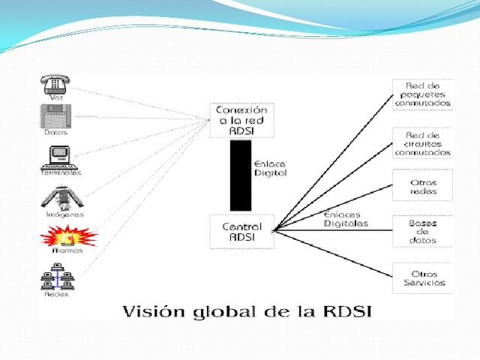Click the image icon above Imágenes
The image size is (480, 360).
60,196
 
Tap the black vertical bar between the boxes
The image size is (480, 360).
241,175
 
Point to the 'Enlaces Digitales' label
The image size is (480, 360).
346,219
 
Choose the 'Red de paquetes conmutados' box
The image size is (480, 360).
421,94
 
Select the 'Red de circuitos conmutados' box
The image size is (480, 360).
422,143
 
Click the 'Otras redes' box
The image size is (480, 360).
422,186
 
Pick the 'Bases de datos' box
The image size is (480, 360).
422,231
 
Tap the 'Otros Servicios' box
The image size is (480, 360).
422,278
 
